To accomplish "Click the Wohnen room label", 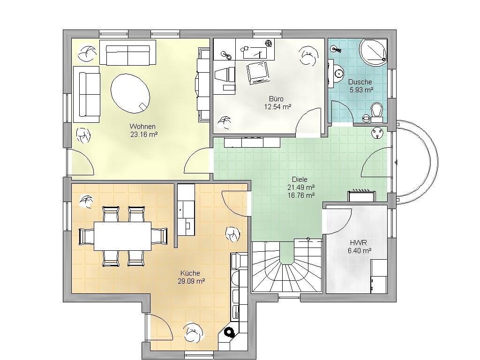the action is (x=142, y=127).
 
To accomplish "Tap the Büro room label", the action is (x=276, y=99).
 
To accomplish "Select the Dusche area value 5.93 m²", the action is (x=361, y=90).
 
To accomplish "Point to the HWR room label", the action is (x=358, y=243).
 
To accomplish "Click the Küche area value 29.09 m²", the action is (x=191, y=281).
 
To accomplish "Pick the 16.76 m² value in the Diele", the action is (x=301, y=195).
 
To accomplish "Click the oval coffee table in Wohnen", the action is (x=130, y=93).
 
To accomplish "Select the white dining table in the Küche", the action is (x=122, y=236).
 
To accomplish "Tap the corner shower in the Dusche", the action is (x=373, y=52).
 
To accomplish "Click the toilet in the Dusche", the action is (x=376, y=112).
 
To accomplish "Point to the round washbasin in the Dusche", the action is (x=337, y=74).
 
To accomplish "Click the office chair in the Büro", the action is (x=258, y=73).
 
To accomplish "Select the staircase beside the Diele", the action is (x=286, y=266).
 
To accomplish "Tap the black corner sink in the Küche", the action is (x=229, y=331).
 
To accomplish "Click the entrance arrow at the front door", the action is (x=396, y=162).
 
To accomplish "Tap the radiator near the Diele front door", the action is (x=361, y=196).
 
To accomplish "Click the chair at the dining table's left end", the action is (x=87, y=236).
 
